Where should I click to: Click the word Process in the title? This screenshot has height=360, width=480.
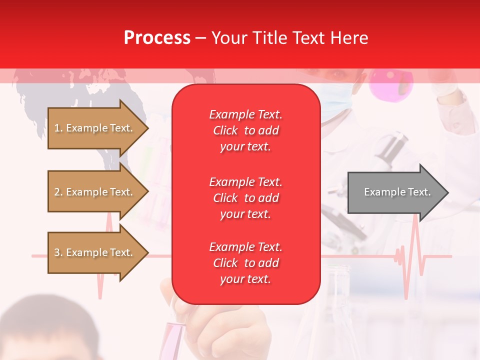[x=157, y=38]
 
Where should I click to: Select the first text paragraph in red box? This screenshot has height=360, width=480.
[x=245, y=130]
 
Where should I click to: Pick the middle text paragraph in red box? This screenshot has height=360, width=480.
[x=245, y=198]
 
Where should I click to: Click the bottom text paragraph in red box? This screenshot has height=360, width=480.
[x=245, y=263]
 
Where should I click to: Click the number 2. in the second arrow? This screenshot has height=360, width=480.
[x=58, y=192]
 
